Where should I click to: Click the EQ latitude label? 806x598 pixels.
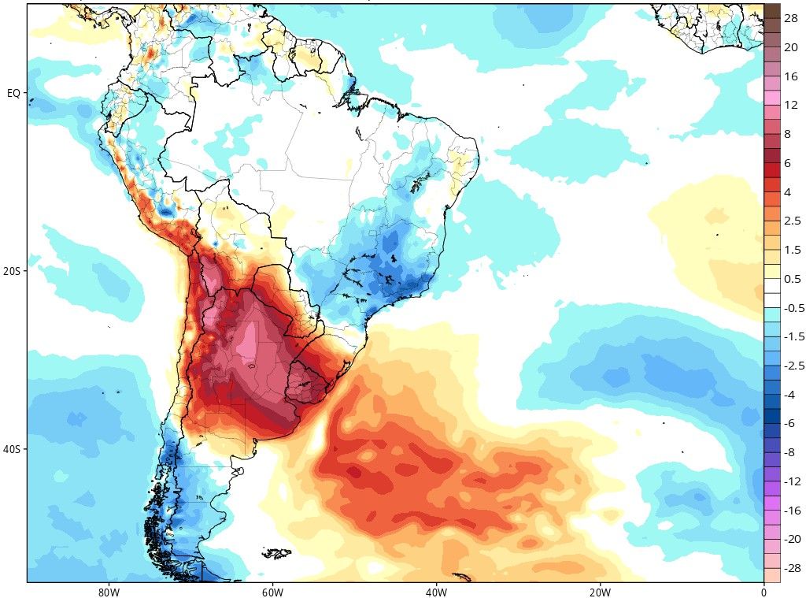[13, 93]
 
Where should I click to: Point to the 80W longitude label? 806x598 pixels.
[109, 591]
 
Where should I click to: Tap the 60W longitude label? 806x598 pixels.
[272, 591]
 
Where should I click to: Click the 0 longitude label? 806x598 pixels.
[763, 591]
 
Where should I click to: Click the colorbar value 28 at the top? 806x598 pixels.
[791, 18]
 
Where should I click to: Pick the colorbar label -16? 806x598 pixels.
[791, 510]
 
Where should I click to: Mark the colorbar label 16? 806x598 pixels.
[791, 76]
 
